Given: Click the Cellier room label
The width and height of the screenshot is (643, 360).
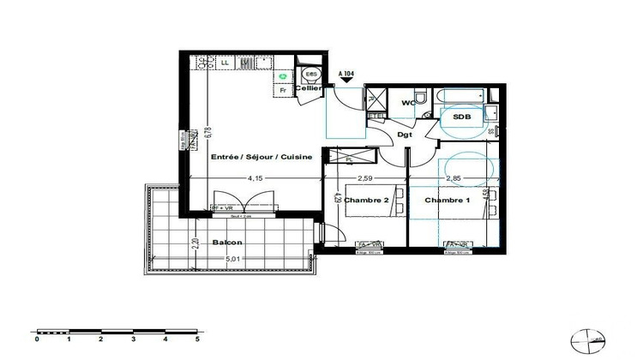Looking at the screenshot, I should click(308, 88).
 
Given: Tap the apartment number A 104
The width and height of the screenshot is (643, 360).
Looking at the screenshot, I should click(347, 75).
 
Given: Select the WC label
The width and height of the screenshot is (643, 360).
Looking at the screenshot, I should click(409, 104).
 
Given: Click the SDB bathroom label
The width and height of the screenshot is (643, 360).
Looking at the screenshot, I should click(462, 117).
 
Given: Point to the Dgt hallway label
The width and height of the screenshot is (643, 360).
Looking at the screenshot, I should click(405, 134).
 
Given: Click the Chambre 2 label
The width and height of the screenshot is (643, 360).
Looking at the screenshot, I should click(365, 200).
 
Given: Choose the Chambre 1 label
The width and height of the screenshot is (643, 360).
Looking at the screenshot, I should click(447, 200).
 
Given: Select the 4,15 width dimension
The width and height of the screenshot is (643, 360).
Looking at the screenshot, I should click(255, 178).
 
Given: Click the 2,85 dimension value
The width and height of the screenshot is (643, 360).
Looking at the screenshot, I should click(454, 178).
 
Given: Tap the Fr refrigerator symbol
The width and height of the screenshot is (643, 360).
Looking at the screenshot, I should click(282, 89).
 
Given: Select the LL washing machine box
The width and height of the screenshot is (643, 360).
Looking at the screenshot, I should click(225, 63).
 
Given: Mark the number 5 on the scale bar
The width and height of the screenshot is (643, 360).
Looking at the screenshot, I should click(197, 339).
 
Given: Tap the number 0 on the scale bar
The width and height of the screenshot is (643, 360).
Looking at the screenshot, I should click(38, 339).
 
